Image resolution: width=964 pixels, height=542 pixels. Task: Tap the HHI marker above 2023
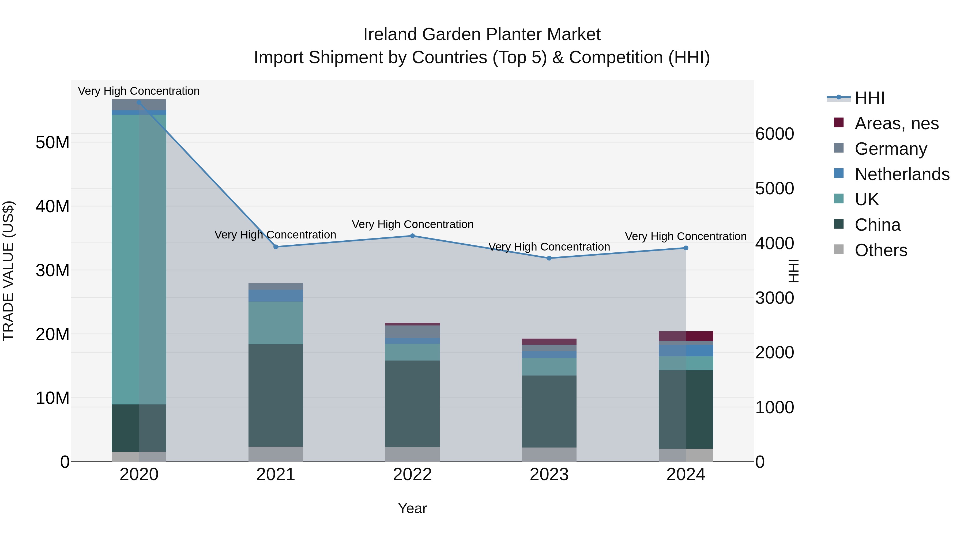(549, 258)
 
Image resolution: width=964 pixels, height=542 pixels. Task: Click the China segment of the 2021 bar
(276, 395)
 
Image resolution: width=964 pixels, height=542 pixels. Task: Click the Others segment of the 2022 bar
(412, 454)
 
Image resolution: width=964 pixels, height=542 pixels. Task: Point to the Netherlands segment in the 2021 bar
(276, 295)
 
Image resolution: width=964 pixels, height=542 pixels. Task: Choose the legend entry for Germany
(891, 149)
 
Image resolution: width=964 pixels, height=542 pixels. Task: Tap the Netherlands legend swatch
(839, 173)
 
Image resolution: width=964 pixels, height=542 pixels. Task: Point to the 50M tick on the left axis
(52, 142)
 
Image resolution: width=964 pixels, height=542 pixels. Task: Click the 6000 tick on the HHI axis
(774, 134)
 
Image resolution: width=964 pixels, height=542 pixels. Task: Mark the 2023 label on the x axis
(549, 475)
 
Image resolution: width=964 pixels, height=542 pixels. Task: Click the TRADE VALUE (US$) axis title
(9, 271)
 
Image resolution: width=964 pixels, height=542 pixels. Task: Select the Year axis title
(412, 508)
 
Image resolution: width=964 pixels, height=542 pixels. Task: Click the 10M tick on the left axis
(52, 398)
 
